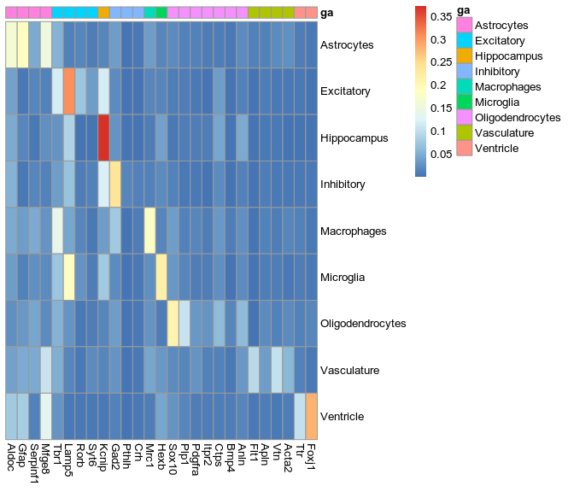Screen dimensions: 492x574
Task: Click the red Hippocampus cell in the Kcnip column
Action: (x=103, y=138)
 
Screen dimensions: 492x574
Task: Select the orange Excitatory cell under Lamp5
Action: (x=68, y=91)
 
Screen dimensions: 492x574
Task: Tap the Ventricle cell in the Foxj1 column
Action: (x=311, y=417)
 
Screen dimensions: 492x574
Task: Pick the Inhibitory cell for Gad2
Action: (x=114, y=184)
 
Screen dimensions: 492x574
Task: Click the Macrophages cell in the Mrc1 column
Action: (x=149, y=231)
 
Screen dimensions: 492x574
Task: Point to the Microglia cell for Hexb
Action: (x=161, y=278)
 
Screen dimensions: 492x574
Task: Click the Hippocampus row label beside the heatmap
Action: (x=354, y=138)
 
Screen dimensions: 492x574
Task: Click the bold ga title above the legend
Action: (x=463, y=9)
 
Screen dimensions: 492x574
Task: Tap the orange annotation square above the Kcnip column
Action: (x=103, y=13)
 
